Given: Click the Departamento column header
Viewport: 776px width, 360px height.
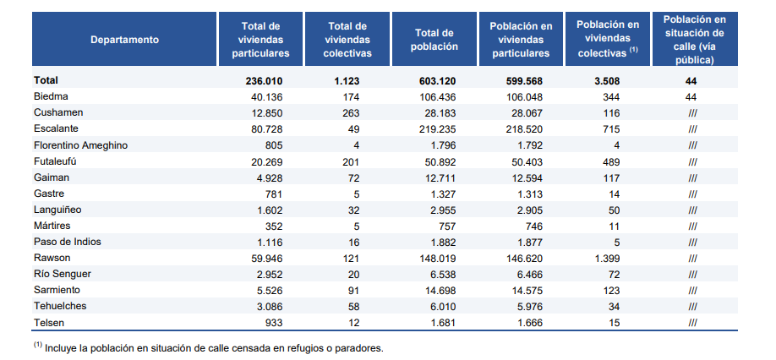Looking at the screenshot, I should [125, 40].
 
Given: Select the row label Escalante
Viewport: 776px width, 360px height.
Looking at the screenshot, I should [57, 128].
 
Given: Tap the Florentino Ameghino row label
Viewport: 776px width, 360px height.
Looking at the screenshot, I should [81, 145].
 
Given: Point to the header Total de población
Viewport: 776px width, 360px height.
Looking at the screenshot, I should [436, 40].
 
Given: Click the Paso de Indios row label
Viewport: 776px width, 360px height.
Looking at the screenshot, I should [68, 242].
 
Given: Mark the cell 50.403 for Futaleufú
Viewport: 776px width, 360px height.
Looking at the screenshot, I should [524, 161].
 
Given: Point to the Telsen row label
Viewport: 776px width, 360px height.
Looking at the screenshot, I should [50, 322].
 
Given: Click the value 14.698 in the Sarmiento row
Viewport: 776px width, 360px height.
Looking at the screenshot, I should [440, 290].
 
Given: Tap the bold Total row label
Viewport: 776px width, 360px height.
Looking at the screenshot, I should [46, 80].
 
